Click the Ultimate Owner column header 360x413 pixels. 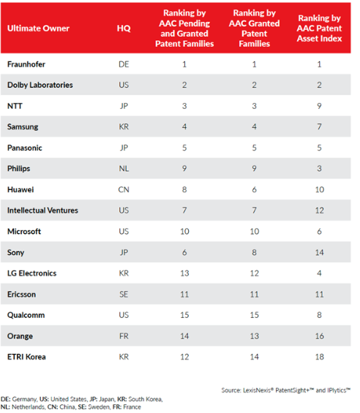click(38, 29)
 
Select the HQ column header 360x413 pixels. click(124, 29)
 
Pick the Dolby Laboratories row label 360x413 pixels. click(40, 85)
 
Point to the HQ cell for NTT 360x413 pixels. click(124, 106)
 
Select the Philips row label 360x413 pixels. click(19, 168)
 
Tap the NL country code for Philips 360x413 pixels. click(124, 168)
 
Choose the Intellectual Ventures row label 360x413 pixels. click(42, 211)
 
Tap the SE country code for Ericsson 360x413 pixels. click(124, 294)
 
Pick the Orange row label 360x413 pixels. click(20, 336)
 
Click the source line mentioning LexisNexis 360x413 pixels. click(285, 390)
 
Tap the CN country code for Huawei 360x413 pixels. click(124, 189)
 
